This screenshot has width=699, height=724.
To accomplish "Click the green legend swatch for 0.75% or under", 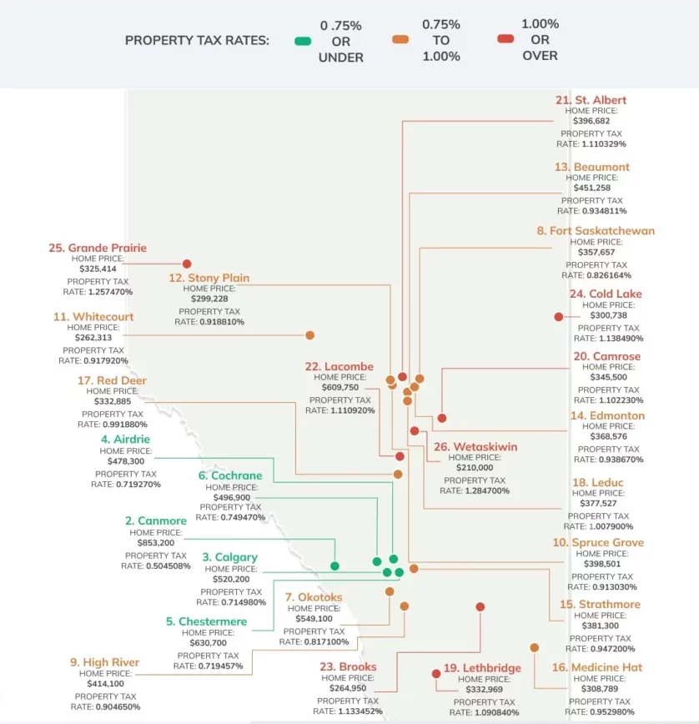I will [x=303, y=41].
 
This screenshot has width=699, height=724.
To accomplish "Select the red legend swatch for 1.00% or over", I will [x=505, y=39].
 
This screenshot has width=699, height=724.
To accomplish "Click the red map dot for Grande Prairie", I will [x=187, y=264].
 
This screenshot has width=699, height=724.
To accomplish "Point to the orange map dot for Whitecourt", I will [x=309, y=335].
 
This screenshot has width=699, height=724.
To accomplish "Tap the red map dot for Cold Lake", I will [x=558, y=317].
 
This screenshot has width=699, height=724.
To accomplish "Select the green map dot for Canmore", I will [x=334, y=566].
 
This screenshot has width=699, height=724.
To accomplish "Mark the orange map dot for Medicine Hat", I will [x=535, y=647].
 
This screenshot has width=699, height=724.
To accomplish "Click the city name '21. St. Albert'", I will [x=591, y=100].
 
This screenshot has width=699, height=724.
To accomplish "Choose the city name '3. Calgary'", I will [x=229, y=557].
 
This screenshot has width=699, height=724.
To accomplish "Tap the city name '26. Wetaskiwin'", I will [x=474, y=447].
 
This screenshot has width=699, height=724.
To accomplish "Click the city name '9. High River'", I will [x=105, y=662].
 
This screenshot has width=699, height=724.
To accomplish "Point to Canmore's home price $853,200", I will [x=155, y=542].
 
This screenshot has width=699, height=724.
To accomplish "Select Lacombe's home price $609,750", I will [x=340, y=387].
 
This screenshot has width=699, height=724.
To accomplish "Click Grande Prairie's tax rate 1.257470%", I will [x=98, y=292].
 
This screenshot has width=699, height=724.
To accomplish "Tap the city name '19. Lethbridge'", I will [x=482, y=667].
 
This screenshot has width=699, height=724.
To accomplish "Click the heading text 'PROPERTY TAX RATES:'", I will [x=197, y=41].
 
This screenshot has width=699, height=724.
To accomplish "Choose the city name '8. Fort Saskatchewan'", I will [x=596, y=231].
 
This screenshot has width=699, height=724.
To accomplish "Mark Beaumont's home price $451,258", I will [x=592, y=188].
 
